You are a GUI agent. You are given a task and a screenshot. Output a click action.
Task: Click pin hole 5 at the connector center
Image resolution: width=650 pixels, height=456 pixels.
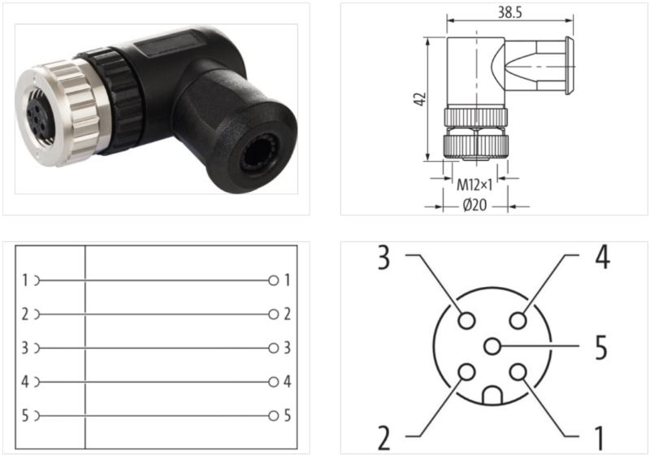click(x=492, y=347)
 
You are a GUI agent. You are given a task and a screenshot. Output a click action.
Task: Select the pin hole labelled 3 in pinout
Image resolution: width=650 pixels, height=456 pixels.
click(x=466, y=320)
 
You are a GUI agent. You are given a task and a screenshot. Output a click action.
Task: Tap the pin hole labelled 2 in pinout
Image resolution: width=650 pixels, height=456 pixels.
click(x=466, y=373)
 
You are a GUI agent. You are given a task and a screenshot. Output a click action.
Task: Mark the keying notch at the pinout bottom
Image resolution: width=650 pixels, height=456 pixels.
click(x=492, y=397)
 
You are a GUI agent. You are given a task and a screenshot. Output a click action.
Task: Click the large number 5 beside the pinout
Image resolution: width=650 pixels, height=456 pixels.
click(x=600, y=347)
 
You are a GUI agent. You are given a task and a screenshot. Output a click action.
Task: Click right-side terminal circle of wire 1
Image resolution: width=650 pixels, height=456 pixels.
click(x=274, y=280)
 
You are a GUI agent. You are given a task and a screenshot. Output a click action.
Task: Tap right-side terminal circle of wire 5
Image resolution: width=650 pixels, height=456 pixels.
click(x=274, y=416)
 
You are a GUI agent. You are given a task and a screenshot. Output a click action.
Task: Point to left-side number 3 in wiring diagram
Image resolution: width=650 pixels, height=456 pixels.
click(x=25, y=349)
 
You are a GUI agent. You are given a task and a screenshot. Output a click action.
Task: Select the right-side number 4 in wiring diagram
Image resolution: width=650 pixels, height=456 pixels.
click(x=287, y=382)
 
